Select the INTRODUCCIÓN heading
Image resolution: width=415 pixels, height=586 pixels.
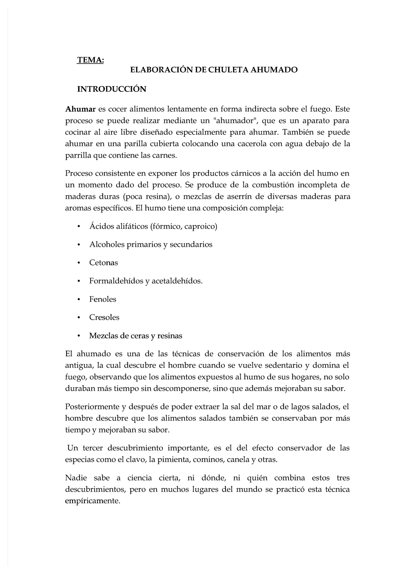[111, 89]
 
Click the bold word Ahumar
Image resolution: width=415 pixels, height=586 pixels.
[80, 110]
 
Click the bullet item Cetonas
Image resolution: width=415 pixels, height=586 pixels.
[103, 263]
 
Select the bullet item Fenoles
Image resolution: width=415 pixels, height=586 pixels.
[102, 299]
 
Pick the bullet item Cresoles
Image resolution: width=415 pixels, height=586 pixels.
[104, 317]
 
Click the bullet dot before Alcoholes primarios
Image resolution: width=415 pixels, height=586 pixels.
[79, 245]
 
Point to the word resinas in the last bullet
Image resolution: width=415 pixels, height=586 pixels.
[169, 336]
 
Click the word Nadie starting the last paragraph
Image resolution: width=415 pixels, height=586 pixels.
[75, 478]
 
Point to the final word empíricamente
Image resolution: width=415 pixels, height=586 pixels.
[92, 501]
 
